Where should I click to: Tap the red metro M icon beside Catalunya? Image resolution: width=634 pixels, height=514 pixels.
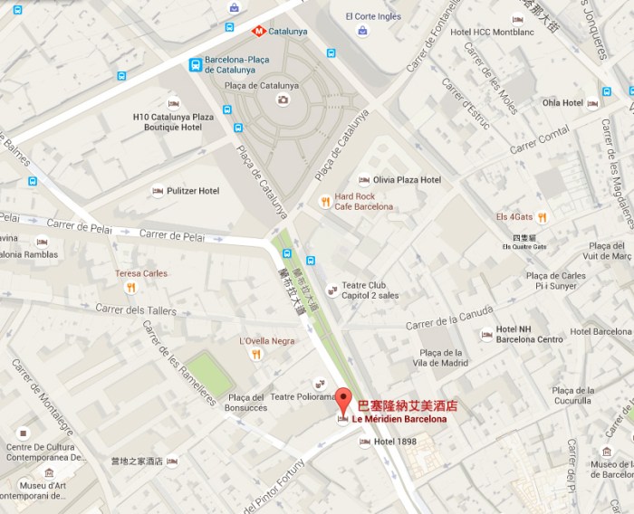[x=258, y=30]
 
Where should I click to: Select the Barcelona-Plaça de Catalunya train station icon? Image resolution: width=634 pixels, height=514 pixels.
[x=195, y=63]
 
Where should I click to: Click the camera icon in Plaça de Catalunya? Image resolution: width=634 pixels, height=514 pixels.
[x=283, y=100]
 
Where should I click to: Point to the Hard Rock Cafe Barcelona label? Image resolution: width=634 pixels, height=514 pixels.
[x=363, y=201]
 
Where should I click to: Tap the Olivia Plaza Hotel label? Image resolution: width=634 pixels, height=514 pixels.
[x=407, y=180]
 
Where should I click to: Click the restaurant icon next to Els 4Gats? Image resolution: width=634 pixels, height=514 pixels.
[x=542, y=216]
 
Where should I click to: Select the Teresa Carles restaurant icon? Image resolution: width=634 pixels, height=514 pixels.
[x=131, y=288]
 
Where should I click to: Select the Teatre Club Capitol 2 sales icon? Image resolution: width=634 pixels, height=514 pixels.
[x=331, y=290]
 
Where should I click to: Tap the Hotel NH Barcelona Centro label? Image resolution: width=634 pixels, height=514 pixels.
[x=528, y=334]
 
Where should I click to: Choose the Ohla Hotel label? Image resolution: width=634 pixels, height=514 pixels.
[x=562, y=103]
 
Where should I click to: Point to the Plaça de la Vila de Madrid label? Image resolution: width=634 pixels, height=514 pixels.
[x=443, y=357]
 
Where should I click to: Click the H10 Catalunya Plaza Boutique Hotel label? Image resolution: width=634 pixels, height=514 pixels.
[x=173, y=123]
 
